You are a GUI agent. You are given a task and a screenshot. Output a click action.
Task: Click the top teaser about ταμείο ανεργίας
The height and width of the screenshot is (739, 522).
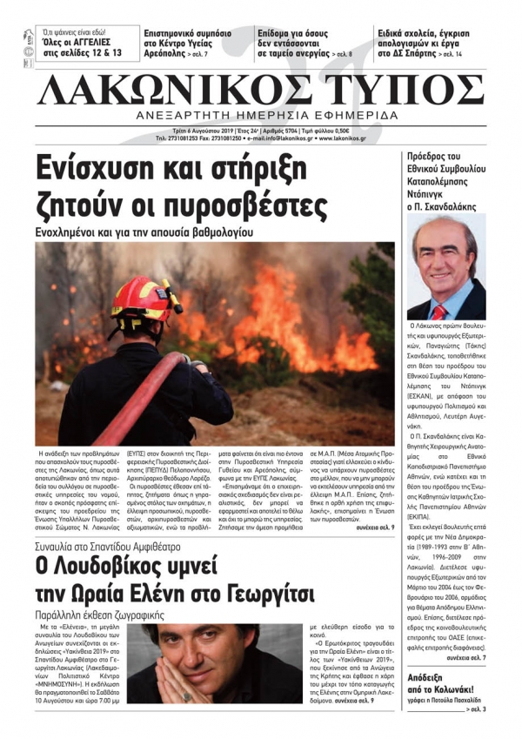pyautogui.click(x=304, y=42)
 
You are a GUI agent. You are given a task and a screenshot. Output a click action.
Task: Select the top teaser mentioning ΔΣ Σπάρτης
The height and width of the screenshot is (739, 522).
pyautogui.click(x=426, y=42)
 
